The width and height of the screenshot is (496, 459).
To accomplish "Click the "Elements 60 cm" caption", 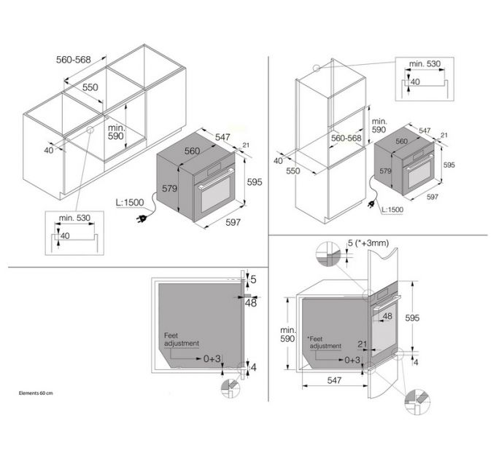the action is [36, 393].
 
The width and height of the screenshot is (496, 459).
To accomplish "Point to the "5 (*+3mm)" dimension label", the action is [368, 243].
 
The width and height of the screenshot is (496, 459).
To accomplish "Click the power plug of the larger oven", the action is [142, 219].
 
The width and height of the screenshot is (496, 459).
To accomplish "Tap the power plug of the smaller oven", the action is [370, 205].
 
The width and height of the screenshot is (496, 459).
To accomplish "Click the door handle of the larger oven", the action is [215, 179].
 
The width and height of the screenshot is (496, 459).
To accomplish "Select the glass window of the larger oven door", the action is [216, 195].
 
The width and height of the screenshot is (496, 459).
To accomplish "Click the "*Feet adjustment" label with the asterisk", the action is [325, 342].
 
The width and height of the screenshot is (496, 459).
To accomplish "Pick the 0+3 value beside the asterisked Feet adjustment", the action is [352, 360].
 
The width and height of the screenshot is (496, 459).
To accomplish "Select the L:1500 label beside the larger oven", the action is [130, 202].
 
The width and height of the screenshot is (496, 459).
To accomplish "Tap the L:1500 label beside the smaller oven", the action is [392, 209].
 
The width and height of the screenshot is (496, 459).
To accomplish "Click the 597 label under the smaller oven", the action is [433, 197].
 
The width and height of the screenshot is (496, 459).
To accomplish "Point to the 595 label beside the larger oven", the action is [255, 182].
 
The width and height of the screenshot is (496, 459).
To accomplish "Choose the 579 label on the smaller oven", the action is [385, 171].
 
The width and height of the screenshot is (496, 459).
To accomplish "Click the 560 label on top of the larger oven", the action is [192, 151].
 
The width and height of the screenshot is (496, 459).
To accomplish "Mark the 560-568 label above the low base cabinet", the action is [74, 60].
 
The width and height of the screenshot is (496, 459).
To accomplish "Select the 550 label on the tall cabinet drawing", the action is [293, 170].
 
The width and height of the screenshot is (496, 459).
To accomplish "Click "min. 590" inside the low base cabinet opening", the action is [116, 132].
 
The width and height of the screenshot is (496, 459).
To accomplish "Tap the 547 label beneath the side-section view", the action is [334, 380].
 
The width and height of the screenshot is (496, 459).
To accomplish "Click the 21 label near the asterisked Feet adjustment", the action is [363, 344].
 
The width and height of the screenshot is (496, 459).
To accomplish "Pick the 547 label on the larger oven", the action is [222, 137].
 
